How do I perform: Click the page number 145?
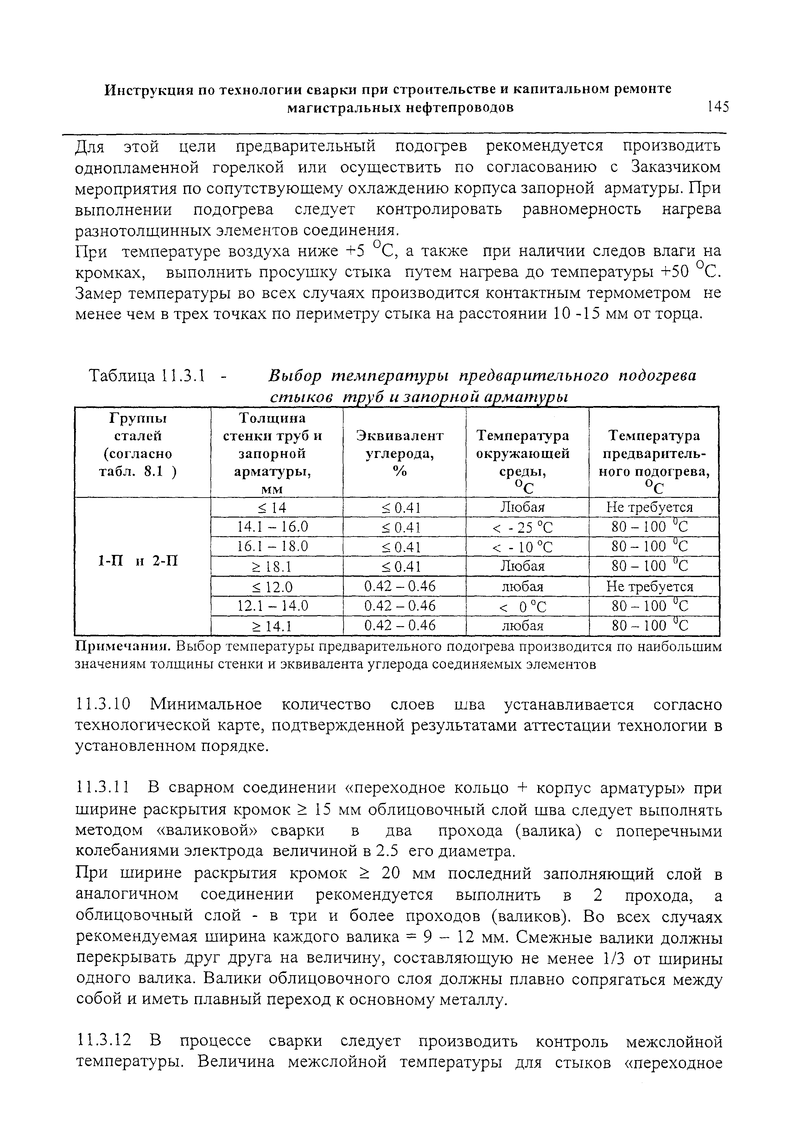click(x=718, y=107)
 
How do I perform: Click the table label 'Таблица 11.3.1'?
click(x=147, y=377)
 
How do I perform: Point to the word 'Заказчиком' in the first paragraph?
click(x=676, y=168)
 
